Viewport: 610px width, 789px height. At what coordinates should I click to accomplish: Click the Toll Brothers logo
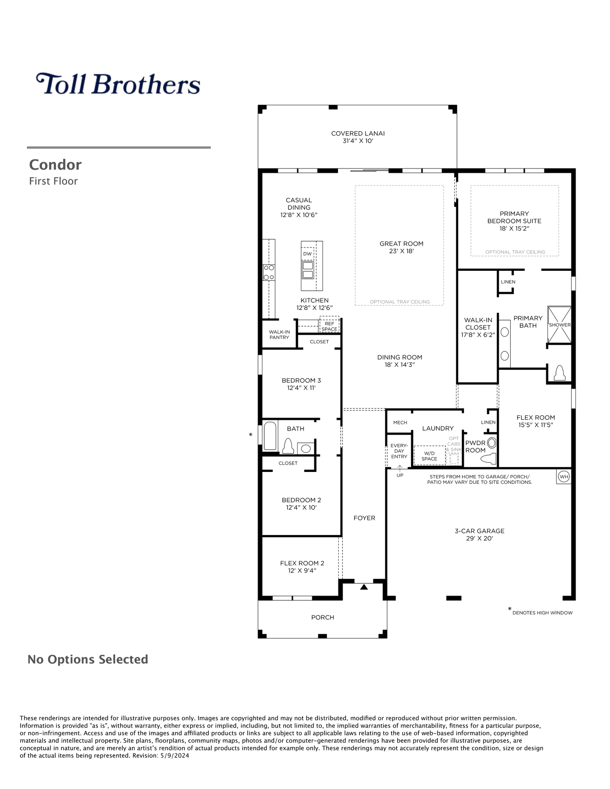click(x=118, y=84)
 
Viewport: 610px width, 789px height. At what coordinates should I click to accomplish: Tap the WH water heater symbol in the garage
click(x=564, y=477)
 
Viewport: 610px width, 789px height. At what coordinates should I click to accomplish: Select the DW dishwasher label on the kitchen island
click(x=307, y=254)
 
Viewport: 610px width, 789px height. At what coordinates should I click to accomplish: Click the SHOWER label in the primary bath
click(x=560, y=325)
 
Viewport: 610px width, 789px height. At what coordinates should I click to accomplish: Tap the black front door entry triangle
click(x=364, y=587)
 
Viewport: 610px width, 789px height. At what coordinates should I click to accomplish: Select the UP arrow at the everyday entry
click(x=400, y=468)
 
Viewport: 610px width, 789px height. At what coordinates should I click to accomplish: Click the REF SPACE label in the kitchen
click(x=329, y=326)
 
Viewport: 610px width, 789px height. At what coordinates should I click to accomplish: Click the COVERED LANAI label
click(x=358, y=134)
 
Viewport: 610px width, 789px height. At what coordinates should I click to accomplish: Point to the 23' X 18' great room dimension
click(x=402, y=251)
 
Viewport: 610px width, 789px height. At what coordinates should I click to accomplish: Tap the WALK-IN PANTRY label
click(x=279, y=334)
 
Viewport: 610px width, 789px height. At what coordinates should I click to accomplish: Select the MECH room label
click(x=400, y=423)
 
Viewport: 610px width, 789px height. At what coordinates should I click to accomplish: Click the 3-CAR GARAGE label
click(x=479, y=531)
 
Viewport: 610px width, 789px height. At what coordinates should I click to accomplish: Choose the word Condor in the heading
click(x=55, y=165)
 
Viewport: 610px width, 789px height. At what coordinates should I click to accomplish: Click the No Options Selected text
click(x=88, y=659)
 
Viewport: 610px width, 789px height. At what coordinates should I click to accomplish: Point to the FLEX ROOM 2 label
click(x=302, y=563)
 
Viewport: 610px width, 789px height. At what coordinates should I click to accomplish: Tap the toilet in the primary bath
click(x=559, y=373)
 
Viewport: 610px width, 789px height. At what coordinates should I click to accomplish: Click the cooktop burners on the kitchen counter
click(x=269, y=272)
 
